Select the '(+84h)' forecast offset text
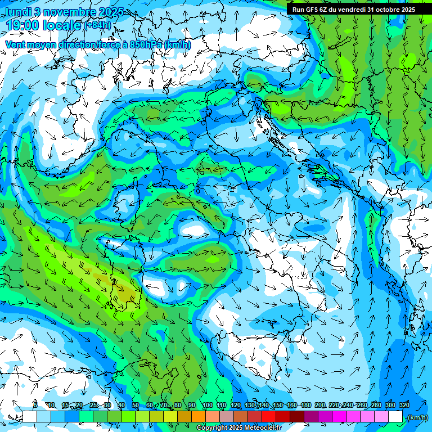tap(98, 25)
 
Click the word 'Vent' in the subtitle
tap(15, 44)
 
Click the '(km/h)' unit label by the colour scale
tap(417, 417)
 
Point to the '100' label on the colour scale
tap(208, 406)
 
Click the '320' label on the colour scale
tap(404, 406)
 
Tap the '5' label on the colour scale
tap(35, 406)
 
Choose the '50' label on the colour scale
tap(136, 406)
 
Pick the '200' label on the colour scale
tap(320, 406)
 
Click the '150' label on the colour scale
tap(278, 406)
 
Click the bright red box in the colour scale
tap(269, 417)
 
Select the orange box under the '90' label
tap(199, 417)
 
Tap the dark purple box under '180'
tap(311, 417)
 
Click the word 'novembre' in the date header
tap(70, 11)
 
